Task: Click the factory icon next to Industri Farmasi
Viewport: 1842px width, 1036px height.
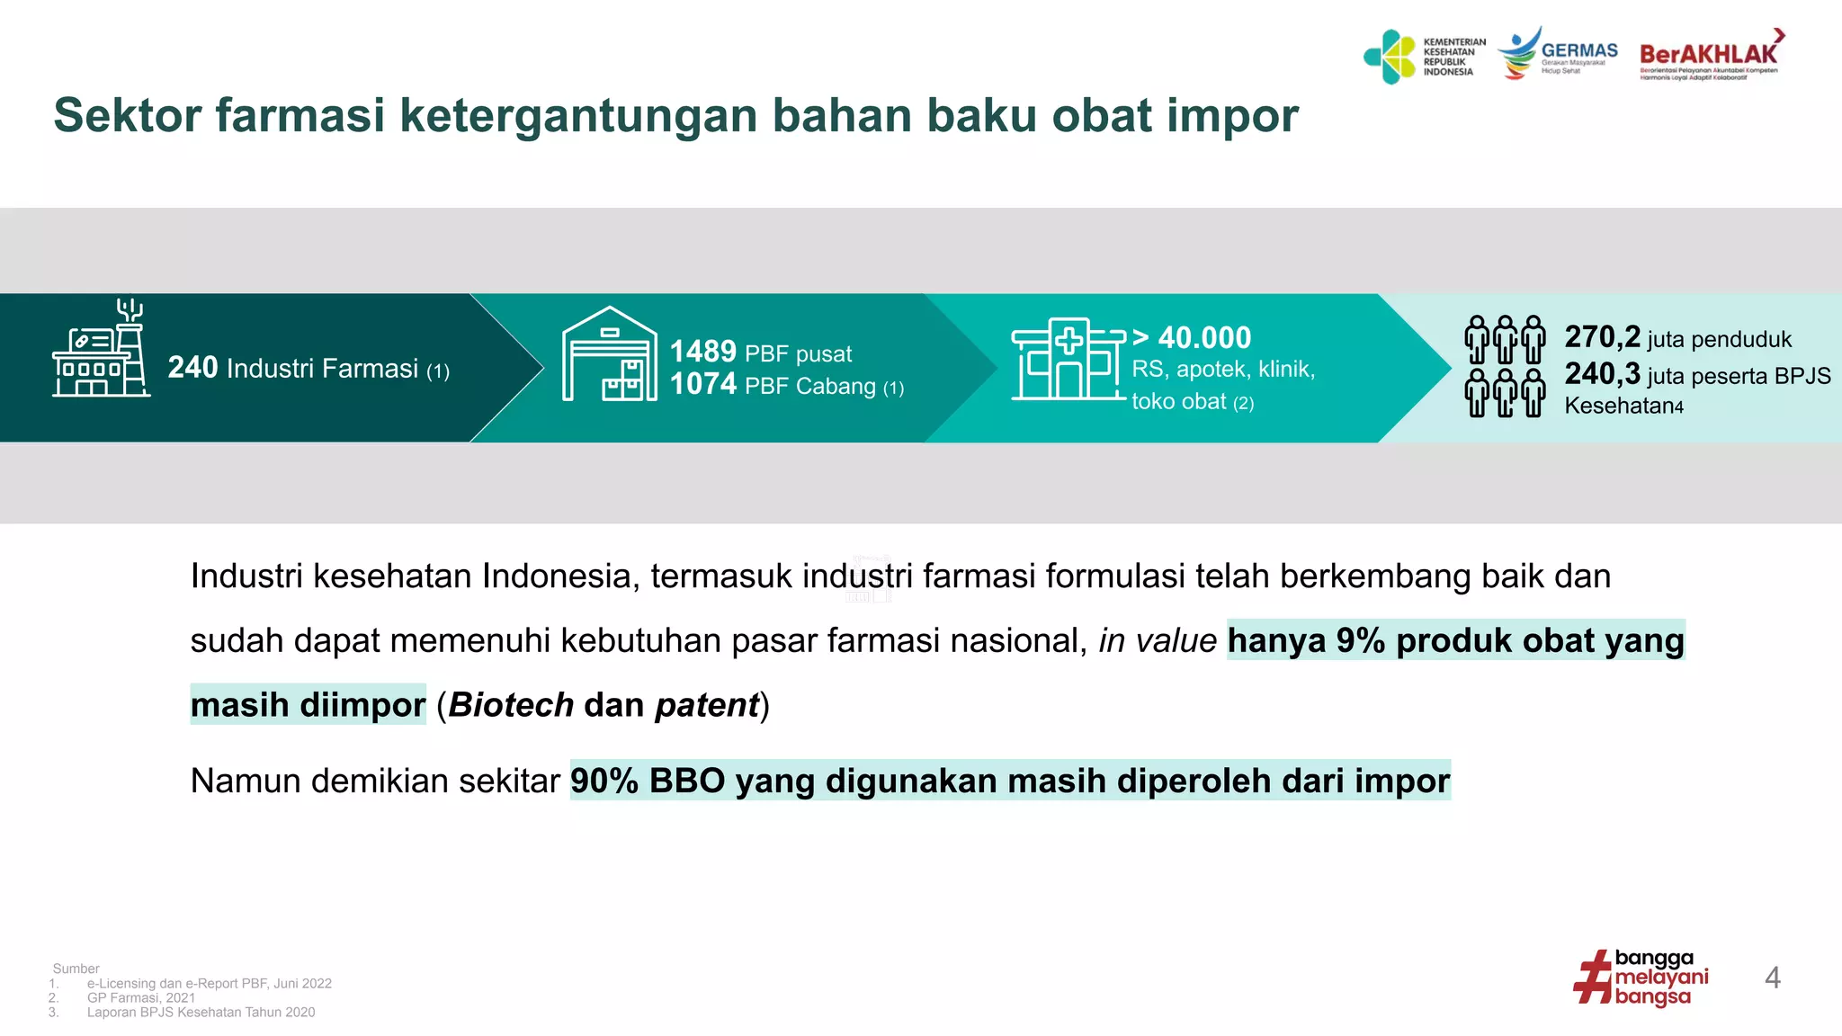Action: pos(101,351)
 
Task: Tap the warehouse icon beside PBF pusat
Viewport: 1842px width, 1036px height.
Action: pos(609,354)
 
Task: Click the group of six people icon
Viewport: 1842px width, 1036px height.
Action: pos(1505,366)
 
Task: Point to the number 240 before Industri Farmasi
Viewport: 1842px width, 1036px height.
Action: pos(192,368)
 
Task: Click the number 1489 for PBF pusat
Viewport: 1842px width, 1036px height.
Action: pos(702,352)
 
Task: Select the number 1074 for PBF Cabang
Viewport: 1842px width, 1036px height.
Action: pos(702,385)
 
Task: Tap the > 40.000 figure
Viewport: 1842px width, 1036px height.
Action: pos(1192,338)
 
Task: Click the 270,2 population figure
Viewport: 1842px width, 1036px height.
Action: pos(1602,337)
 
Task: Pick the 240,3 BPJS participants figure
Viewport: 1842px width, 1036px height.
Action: pos(1602,374)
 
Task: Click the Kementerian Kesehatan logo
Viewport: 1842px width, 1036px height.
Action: pos(1424,57)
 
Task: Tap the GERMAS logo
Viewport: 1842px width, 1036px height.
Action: pos(1557,54)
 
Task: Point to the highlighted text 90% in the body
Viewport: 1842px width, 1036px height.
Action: pos(604,781)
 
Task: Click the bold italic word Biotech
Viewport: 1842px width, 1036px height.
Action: pos(511,705)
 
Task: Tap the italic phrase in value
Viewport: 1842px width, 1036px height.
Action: pos(1158,641)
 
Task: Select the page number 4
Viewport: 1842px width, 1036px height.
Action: pos(1772,978)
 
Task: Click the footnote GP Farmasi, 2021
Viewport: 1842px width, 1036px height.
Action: pos(141,997)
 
